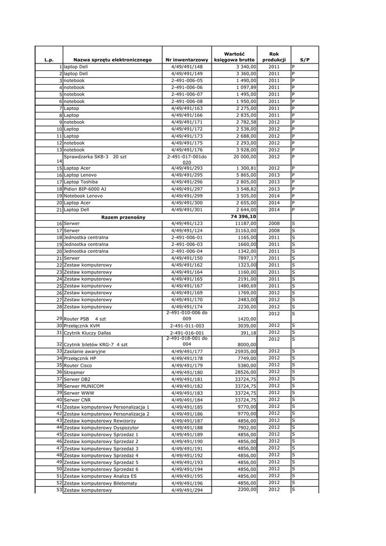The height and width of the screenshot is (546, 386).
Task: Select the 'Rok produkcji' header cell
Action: pos(274,57)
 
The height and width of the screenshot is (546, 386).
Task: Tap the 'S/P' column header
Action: pos(304,60)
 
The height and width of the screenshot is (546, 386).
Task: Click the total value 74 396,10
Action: pos(243,217)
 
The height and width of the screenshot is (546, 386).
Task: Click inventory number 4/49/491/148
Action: pos(187,67)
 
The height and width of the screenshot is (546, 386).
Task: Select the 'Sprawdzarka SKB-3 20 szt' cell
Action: pos(95,157)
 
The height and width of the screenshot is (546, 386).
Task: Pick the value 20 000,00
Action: pos(244,157)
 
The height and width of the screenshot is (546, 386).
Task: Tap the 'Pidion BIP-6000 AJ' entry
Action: pos(85,189)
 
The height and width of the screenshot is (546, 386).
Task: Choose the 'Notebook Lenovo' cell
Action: pos(83,196)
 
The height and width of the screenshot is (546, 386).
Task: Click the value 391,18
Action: pos(248,333)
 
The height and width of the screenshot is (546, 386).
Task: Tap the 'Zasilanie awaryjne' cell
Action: pos(84,352)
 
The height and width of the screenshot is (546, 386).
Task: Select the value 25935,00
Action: pos(245,351)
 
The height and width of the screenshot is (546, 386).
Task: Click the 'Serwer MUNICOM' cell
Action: pos(83,386)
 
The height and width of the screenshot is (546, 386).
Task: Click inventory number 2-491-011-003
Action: pos(187,326)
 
